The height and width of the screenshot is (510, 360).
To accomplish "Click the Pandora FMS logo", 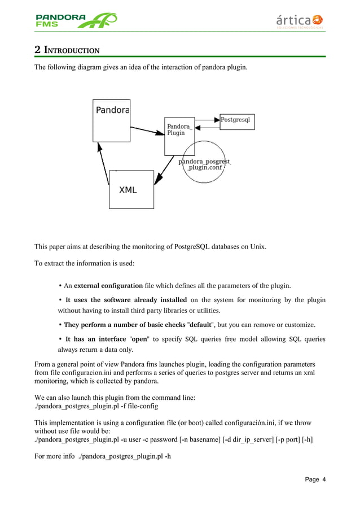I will tap(76, 20).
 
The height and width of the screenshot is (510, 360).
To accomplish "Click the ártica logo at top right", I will tap(300, 21).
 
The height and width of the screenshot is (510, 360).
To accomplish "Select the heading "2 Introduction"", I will tap(67, 50).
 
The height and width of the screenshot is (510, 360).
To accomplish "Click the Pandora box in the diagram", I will tap(112, 120).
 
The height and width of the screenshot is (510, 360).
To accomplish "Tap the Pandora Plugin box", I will tap(179, 136).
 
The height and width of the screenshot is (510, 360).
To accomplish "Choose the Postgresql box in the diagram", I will tap(237, 121).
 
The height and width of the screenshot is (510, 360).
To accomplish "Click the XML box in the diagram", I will tap(131, 190).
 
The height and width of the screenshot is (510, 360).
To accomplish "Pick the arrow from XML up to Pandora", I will tap(103, 164).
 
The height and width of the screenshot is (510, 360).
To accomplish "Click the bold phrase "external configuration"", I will tap(108, 285).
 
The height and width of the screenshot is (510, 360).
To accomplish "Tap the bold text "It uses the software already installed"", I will tap(126, 299).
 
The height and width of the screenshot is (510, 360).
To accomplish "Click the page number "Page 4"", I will tap(315, 480).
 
